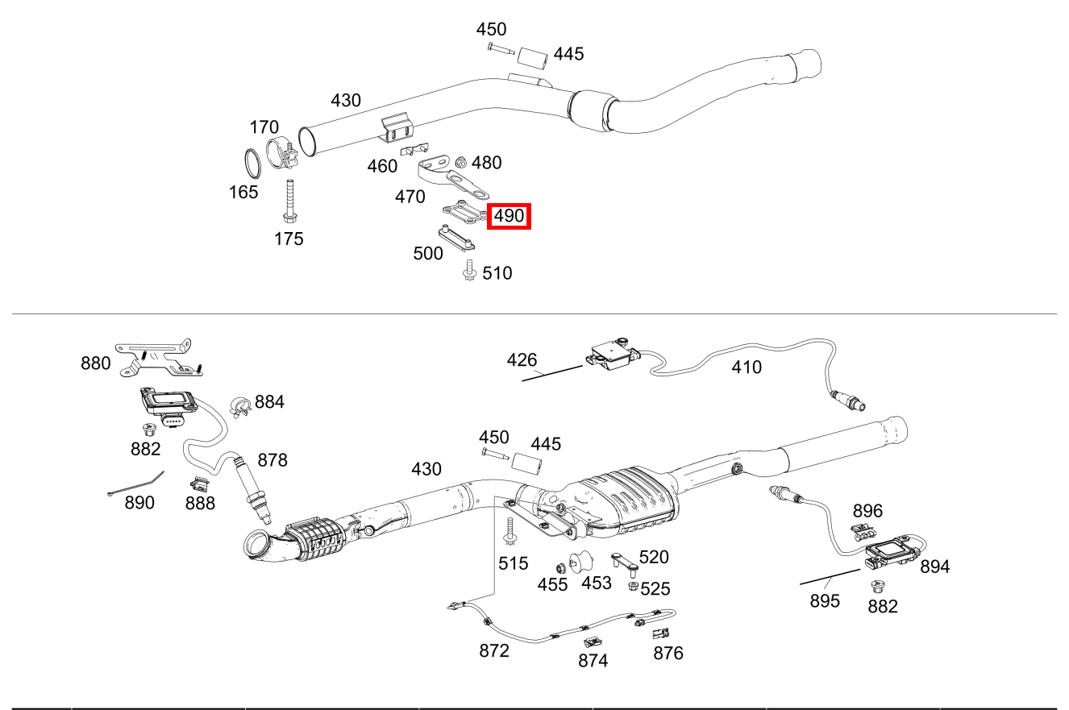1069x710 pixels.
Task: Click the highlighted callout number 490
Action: coord(509,216)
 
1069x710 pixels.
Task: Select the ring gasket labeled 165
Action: coord(252,164)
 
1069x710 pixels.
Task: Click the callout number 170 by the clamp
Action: coord(264,127)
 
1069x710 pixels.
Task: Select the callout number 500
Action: coord(427,253)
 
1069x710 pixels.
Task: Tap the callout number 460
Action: coord(382,166)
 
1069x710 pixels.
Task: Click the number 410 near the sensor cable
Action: coord(746,367)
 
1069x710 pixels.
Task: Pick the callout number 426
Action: coord(522,359)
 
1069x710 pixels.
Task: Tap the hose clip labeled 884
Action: coord(239,407)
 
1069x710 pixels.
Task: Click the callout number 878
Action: coord(272,460)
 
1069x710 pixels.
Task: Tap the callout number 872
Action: coord(493,650)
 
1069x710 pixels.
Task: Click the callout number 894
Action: coord(934,567)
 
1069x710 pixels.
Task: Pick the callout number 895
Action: coord(825,600)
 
